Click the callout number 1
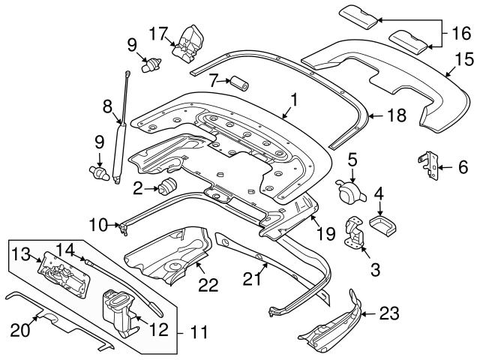coord(295,98)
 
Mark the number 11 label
coord(196,329)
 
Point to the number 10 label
coord(98,223)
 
